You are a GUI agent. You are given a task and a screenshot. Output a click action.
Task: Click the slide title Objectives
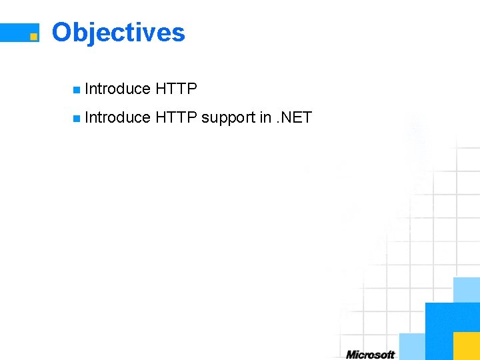coord(118,33)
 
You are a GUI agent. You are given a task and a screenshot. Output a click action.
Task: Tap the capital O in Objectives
coord(62,32)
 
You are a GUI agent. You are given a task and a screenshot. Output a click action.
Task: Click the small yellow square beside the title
coord(33,37)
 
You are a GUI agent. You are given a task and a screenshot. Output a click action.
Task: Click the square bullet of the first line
coord(77,89)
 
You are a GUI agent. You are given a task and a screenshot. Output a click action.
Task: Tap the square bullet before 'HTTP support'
coord(77,119)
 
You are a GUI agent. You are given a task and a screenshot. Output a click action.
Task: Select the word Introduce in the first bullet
coord(118,89)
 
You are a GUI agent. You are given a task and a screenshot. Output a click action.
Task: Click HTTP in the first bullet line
coord(176,89)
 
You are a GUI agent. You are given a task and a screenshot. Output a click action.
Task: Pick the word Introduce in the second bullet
coord(118,118)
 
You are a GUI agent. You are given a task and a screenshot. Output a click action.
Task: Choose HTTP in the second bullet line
coord(176,118)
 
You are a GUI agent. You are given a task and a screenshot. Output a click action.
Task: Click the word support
coord(228,118)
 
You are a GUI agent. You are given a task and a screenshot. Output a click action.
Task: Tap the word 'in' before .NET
coord(265,118)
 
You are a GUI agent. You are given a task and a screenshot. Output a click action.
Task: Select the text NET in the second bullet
coord(296,118)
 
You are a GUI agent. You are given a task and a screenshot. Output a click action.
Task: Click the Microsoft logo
coord(370,355)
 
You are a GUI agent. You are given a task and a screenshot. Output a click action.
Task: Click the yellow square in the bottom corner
coord(467,346)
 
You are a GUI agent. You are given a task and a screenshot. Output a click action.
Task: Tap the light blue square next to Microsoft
coord(412,346)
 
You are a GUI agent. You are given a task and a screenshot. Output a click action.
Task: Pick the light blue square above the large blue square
coord(467,289)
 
